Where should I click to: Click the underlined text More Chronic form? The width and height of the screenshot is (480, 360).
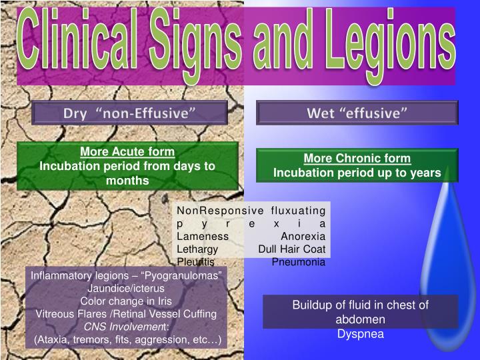point(357,159)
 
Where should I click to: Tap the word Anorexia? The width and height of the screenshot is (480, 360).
point(303,237)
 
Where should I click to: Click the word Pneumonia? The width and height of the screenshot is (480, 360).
point(298,262)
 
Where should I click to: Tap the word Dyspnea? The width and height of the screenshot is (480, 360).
point(360,333)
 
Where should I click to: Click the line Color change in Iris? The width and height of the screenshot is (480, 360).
point(126,301)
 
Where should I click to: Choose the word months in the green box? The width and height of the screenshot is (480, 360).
point(127,180)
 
